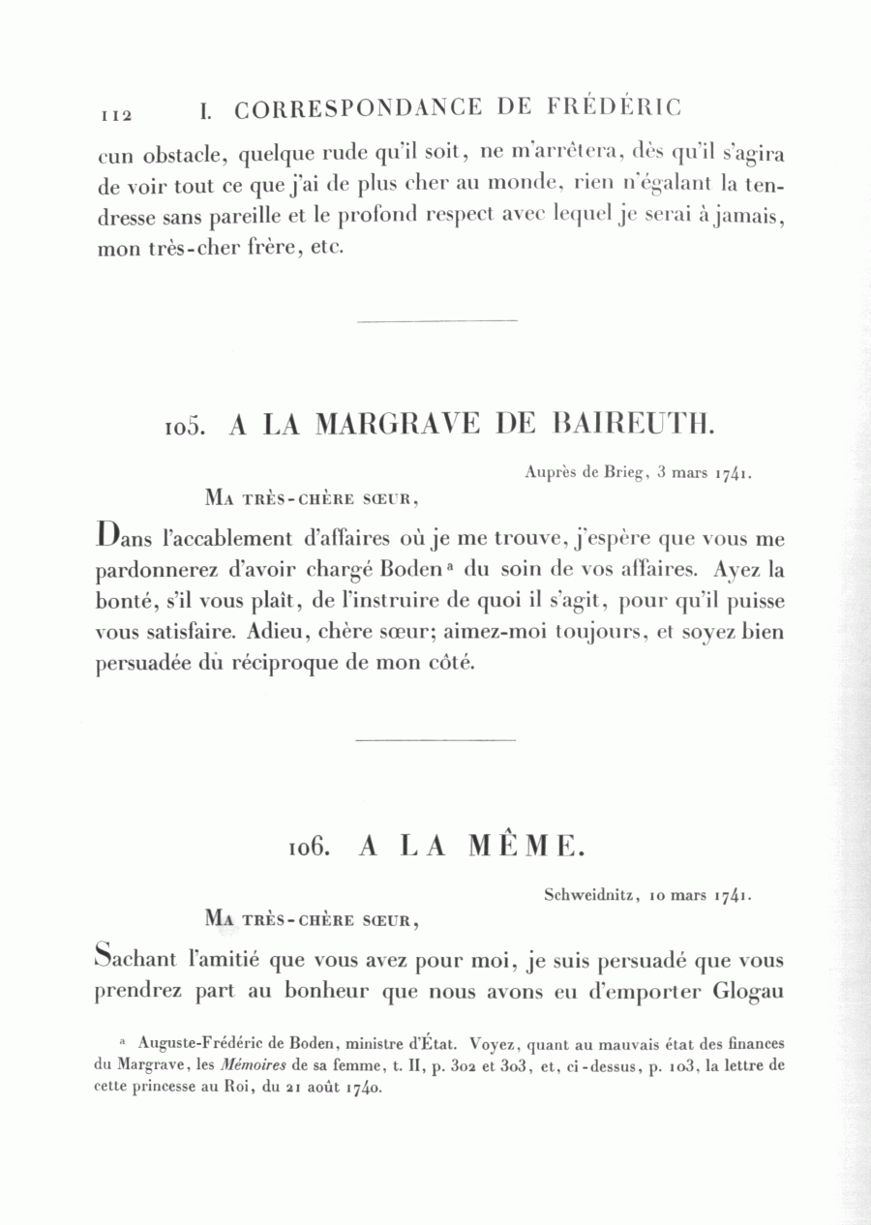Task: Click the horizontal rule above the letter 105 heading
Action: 436,319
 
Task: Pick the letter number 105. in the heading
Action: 185,427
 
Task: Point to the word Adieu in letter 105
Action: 275,633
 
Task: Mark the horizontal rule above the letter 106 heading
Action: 435,740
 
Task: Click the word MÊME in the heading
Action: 526,847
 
